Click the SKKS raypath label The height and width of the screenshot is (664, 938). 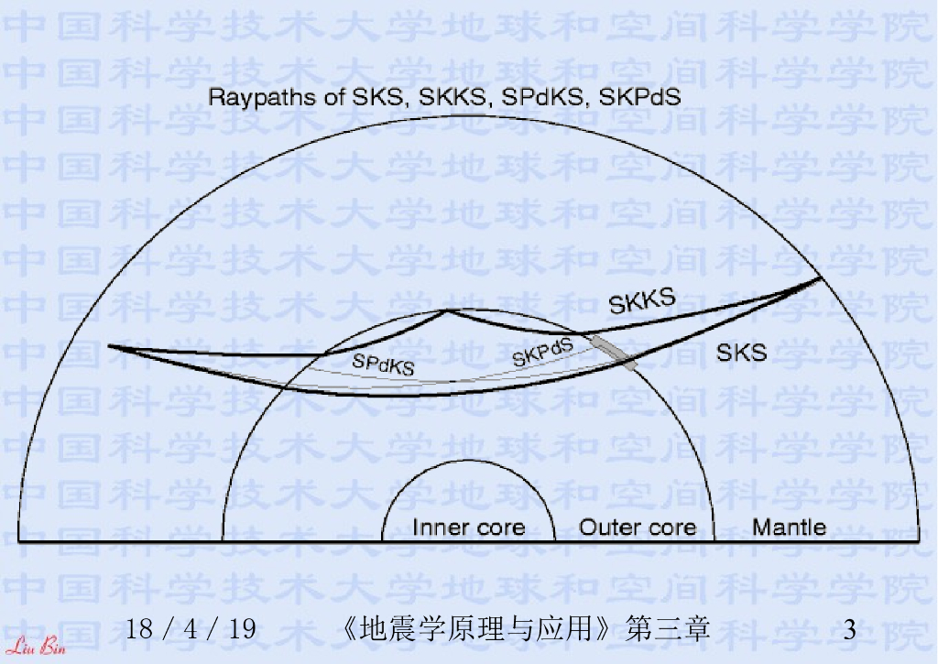[642, 301]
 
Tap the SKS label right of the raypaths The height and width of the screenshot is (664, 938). [741, 352]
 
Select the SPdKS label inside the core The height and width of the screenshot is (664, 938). [383, 365]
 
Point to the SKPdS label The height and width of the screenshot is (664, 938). [542, 353]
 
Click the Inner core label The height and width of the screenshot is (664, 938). [468, 528]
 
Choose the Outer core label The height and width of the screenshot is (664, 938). [638, 528]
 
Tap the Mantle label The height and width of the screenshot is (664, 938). [789, 527]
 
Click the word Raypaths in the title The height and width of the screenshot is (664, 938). [251, 96]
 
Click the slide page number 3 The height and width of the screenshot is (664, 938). [850, 630]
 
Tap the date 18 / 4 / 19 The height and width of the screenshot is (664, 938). [191, 630]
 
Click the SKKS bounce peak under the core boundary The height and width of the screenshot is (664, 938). [446, 311]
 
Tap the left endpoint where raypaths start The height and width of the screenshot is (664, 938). [109, 346]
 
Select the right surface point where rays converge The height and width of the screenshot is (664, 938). [820, 278]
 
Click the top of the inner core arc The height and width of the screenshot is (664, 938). [468, 461]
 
